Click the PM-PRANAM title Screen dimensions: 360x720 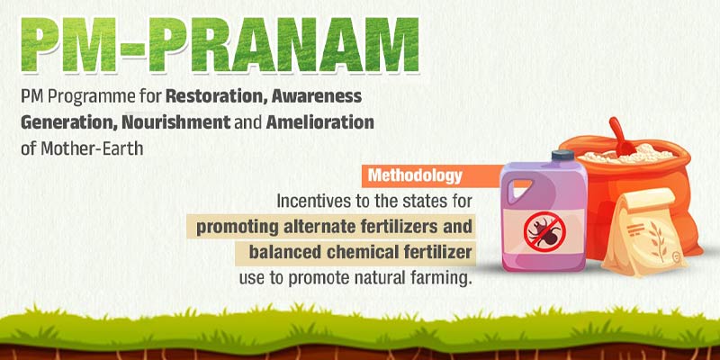pos(220,43)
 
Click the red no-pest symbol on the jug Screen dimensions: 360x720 pos(544,231)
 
